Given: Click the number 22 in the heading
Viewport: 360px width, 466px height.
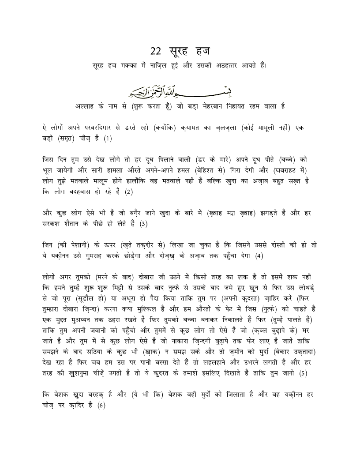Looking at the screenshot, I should coord(156,51).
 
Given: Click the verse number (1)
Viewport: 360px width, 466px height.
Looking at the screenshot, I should coord(109,139).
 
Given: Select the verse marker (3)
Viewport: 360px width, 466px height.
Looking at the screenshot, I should coord(144,225).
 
